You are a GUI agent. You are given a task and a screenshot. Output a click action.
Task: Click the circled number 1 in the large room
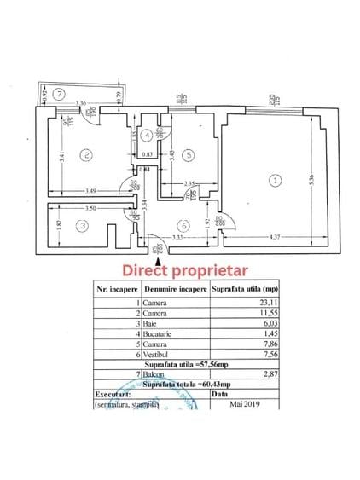275,180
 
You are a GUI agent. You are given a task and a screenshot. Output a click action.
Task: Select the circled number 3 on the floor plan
81,226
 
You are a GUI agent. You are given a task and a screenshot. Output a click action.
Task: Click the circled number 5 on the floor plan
187,154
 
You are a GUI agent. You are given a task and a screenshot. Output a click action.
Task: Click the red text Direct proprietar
184,270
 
